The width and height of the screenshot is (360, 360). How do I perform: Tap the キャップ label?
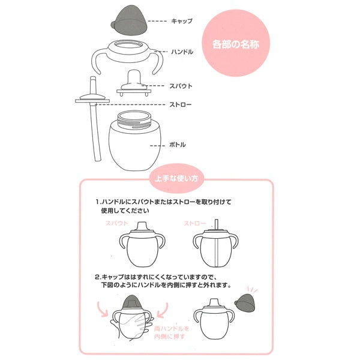182,21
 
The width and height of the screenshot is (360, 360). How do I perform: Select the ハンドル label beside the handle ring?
182,52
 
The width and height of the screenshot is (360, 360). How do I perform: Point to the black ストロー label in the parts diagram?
182,105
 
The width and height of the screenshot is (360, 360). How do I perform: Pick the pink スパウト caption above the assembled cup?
117,223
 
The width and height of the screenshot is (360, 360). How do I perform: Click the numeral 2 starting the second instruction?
97,277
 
